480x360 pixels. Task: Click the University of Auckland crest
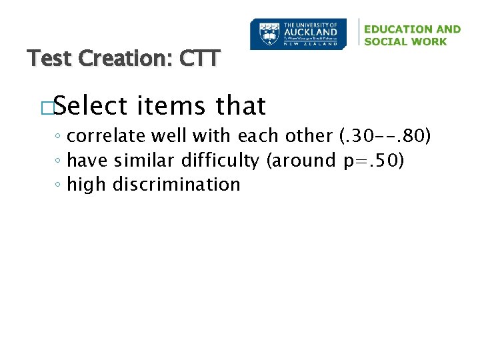(x=267, y=33)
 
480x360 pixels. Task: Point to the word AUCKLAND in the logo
(x=311, y=31)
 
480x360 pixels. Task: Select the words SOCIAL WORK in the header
(x=405, y=41)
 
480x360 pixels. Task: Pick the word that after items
(x=241, y=105)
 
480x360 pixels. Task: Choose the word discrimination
(x=176, y=184)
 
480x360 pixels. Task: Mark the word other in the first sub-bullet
(x=311, y=136)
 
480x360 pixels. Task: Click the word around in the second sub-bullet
(x=303, y=160)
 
